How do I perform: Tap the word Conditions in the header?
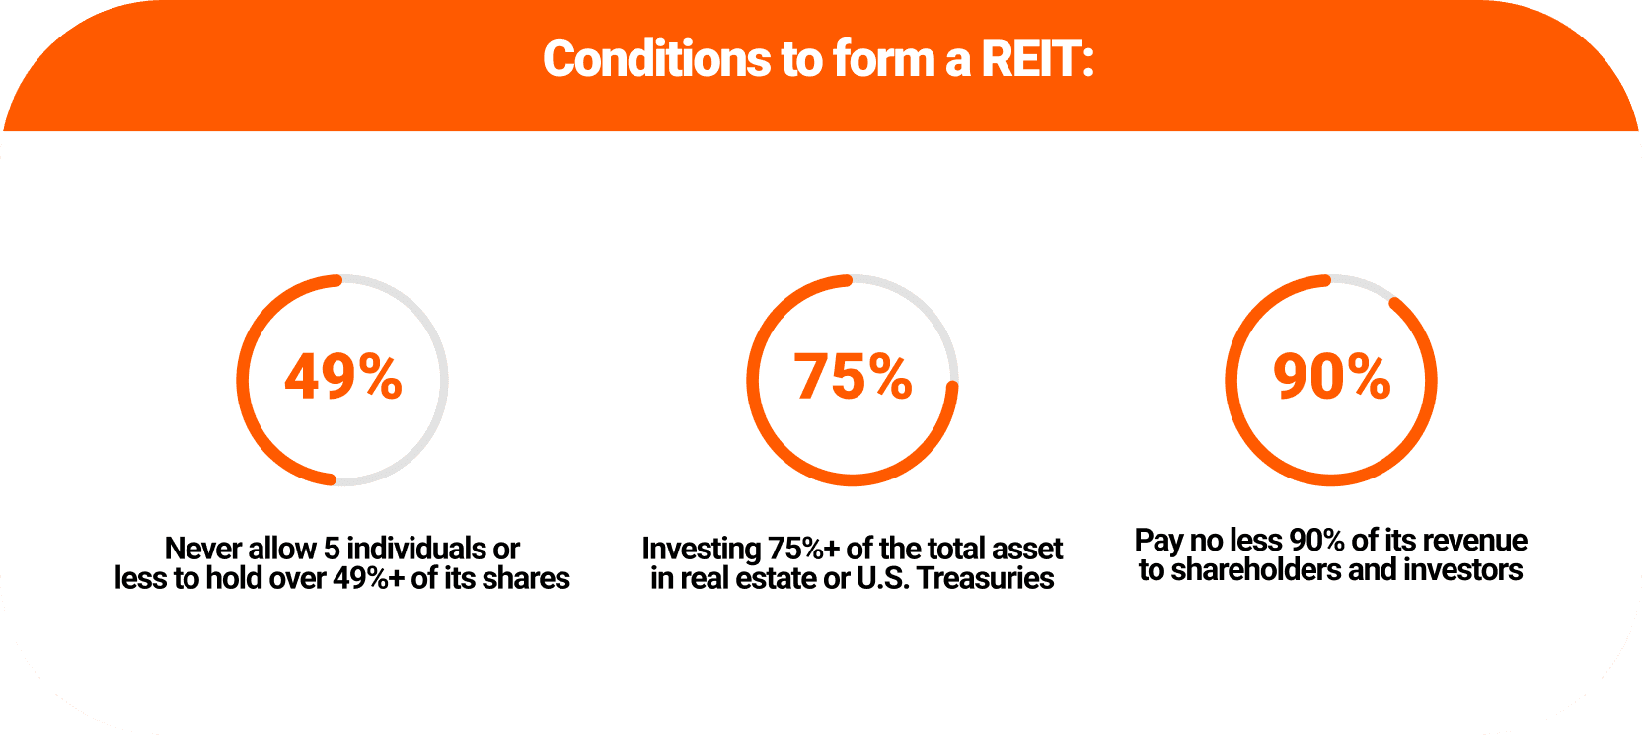656,59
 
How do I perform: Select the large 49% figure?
343,377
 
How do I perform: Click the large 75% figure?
854,377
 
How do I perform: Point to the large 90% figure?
1332,377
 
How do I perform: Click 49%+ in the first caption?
368,578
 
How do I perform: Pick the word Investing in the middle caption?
702,549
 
